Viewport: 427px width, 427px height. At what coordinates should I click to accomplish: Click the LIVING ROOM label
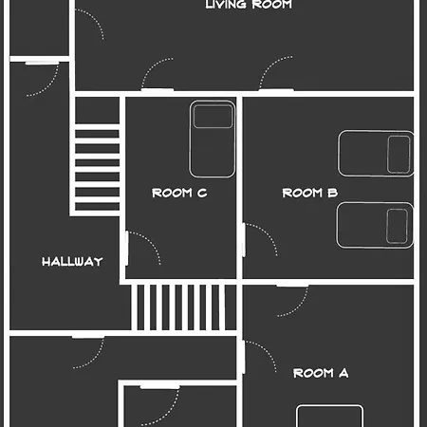click(249, 5)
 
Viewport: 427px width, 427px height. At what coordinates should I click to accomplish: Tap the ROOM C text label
click(179, 193)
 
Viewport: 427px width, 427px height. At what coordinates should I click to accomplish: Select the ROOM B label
click(310, 193)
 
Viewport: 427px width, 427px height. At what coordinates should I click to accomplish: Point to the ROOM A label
click(321, 373)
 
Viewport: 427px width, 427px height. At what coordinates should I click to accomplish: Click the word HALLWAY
click(72, 262)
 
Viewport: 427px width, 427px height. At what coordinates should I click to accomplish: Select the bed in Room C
click(213, 139)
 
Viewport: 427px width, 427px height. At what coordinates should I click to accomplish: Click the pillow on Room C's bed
click(213, 117)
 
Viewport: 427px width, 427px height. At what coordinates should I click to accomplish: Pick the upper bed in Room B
click(376, 153)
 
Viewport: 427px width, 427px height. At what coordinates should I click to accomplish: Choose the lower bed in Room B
click(375, 225)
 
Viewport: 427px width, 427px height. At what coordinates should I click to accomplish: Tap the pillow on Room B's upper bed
click(399, 155)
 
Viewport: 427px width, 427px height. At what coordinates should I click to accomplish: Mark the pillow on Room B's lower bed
click(397, 226)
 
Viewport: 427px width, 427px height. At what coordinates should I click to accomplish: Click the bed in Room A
click(329, 416)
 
